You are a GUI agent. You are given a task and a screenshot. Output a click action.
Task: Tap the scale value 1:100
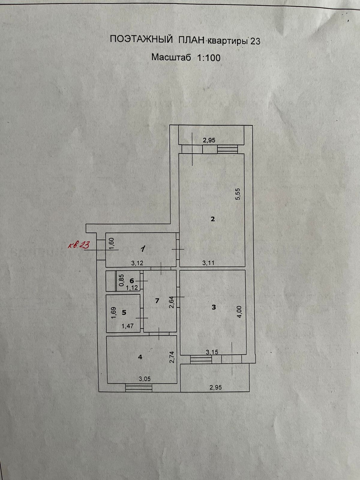208,57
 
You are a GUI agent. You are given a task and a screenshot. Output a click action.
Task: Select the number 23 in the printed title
255,41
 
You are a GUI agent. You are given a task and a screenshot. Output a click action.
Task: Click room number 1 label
143,248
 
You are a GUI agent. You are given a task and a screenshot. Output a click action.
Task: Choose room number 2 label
213,219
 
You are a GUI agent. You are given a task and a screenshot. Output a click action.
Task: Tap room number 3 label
214,307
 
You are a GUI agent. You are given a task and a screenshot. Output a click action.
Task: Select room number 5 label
124,313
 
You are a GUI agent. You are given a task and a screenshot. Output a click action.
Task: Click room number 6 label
131,280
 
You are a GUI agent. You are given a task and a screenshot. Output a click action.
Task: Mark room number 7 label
157,301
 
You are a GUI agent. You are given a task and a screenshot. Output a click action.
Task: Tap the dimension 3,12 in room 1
138,263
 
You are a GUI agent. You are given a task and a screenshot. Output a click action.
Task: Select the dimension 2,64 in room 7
172,301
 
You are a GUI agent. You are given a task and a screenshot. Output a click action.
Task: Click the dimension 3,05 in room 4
145,379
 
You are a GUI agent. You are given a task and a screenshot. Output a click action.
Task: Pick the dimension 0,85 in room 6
121,280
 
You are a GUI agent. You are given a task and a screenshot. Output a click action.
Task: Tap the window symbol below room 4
139,388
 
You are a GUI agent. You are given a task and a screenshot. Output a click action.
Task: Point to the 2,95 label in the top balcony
209,140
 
